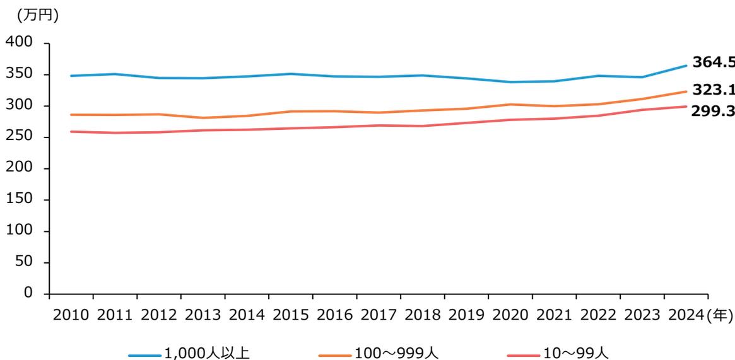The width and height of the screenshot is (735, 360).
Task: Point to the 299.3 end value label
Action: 714,111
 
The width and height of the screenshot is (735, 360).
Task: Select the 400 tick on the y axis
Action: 18,44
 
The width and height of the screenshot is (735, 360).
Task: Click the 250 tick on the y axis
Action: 18,137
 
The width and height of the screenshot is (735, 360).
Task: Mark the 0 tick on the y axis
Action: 28,293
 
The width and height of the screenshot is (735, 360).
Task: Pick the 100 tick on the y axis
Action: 18,231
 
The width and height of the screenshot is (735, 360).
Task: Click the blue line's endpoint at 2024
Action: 686,66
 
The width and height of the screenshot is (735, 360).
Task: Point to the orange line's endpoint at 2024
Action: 686,91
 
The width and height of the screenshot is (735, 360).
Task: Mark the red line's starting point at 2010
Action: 71,132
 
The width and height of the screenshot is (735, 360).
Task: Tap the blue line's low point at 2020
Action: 510,82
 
